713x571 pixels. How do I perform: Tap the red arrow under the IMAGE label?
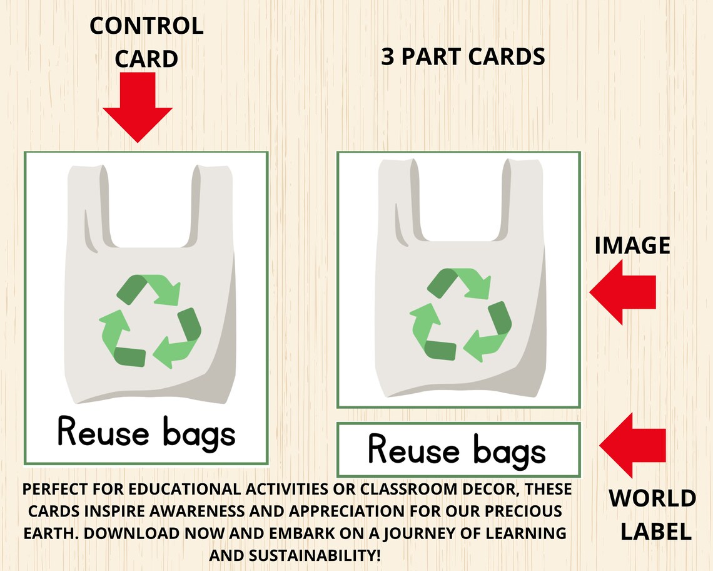click(x=623, y=292)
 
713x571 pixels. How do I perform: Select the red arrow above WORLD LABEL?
click(x=632, y=445)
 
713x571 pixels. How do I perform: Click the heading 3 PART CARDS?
click(x=463, y=57)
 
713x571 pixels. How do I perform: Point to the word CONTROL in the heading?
click(x=146, y=26)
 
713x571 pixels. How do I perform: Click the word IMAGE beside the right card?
click(x=632, y=245)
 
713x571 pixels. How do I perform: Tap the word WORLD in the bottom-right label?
click(x=652, y=499)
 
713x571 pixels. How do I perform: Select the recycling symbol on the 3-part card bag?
click(x=460, y=315)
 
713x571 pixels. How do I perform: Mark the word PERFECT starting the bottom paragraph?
click(x=55, y=489)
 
